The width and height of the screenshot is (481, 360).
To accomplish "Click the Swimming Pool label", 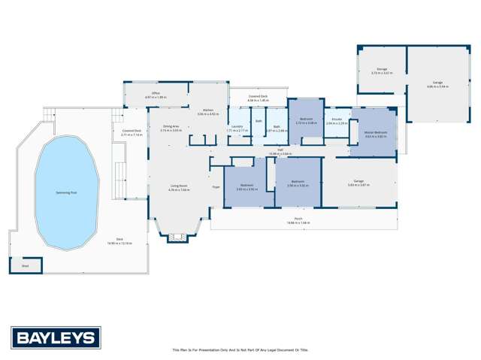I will [x=67, y=192].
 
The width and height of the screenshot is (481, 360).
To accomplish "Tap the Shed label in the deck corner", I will [x=25, y=265].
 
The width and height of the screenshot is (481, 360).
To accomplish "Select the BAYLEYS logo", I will [x=55, y=337].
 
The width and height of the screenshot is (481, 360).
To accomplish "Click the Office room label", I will [x=156, y=93].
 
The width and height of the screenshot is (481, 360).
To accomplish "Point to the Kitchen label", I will [x=207, y=110].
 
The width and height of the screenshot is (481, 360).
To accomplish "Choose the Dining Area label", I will [x=171, y=126].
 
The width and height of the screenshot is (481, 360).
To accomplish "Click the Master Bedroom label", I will [x=374, y=133].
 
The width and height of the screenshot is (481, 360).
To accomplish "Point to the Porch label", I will [x=298, y=219].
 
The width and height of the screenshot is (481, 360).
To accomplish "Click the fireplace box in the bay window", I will [x=178, y=237].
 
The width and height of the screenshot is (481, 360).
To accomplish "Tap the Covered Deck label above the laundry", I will [x=258, y=97].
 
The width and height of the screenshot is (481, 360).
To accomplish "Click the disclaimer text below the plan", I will [x=240, y=349].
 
